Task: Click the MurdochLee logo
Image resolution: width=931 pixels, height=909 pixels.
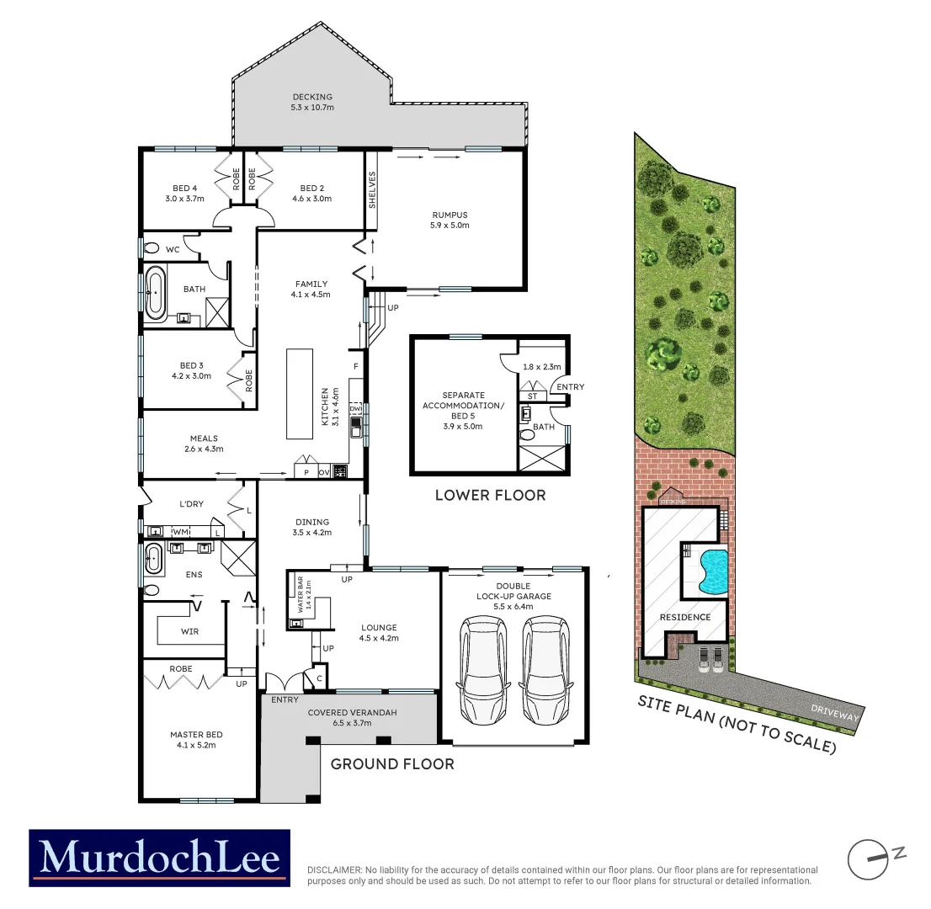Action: [x=159, y=858]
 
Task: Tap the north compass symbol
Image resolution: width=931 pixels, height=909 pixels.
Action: [x=867, y=859]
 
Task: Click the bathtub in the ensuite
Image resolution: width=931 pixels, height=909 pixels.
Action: [x=153, y=555]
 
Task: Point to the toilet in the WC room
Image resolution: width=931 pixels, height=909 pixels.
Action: [x=152, y=248]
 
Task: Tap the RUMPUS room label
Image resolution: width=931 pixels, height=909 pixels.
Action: [x=450, y=215]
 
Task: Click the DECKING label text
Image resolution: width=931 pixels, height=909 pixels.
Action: [x=312, y=97]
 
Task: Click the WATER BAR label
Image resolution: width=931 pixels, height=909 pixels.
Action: [x=298, y=594]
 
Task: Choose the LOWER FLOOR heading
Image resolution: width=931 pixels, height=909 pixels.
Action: [x=490, y=495]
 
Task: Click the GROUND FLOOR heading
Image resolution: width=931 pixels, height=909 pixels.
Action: [x=392, y=764]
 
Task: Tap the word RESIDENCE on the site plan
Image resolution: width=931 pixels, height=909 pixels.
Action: [x=684, y=617]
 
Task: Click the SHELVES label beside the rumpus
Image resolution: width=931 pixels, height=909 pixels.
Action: [x=372, y=189]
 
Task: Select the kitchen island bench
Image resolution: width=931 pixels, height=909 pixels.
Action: [x=298, y=393]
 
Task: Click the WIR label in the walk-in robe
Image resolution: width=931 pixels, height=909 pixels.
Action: [x=189, y=631]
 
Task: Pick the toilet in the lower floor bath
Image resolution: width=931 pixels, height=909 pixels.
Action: [x=528, y=435]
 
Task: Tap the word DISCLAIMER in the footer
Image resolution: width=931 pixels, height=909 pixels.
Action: [x=333, y=870]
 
